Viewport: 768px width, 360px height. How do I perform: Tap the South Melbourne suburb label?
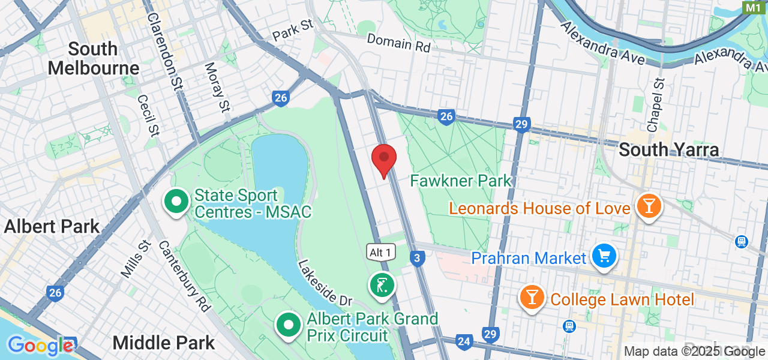[93, 58]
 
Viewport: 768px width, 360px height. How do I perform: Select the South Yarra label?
[668, 149]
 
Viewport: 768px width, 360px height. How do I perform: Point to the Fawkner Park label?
[461, 180]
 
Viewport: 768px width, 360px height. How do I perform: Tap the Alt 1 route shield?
[380, 253]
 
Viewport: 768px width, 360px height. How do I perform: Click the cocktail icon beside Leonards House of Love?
[648, 207]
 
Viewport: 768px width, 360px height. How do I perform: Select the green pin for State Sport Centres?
[176, 202]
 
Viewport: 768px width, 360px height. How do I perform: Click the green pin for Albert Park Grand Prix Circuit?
[289, 325]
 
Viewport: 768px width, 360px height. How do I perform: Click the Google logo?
[40, 346]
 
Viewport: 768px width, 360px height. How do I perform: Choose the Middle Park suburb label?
[164, 343]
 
